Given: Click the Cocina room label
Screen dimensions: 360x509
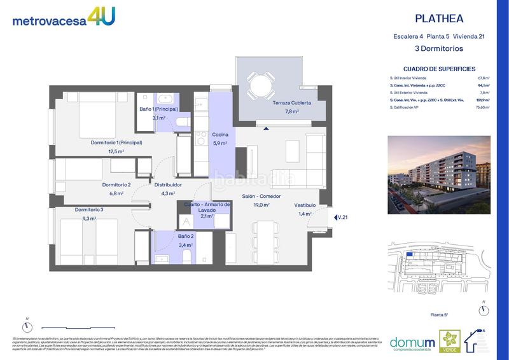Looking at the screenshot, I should [x=220, y=135].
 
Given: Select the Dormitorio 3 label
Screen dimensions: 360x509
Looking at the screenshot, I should [x=89, y=210].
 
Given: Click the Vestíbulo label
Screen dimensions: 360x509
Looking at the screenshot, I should [x=304, y=205].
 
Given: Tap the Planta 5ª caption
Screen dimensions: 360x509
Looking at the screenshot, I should [x=440, y=314].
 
